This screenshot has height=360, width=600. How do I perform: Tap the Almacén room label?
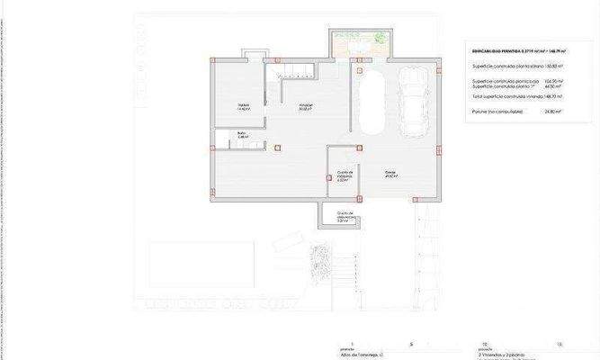point(307,107)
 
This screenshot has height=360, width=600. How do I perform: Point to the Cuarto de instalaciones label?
point(343,175)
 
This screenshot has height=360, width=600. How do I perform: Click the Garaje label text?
point(390,175)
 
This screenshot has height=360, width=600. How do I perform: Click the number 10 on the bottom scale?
point(485,344)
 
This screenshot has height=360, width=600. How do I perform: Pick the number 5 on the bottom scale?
point(411,344)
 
